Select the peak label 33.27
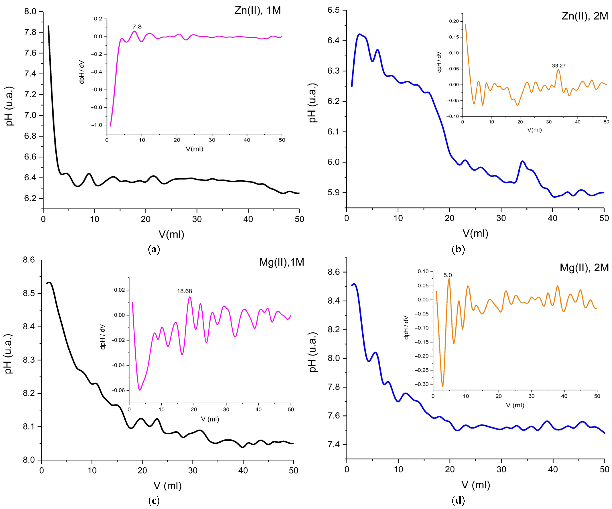559,66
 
